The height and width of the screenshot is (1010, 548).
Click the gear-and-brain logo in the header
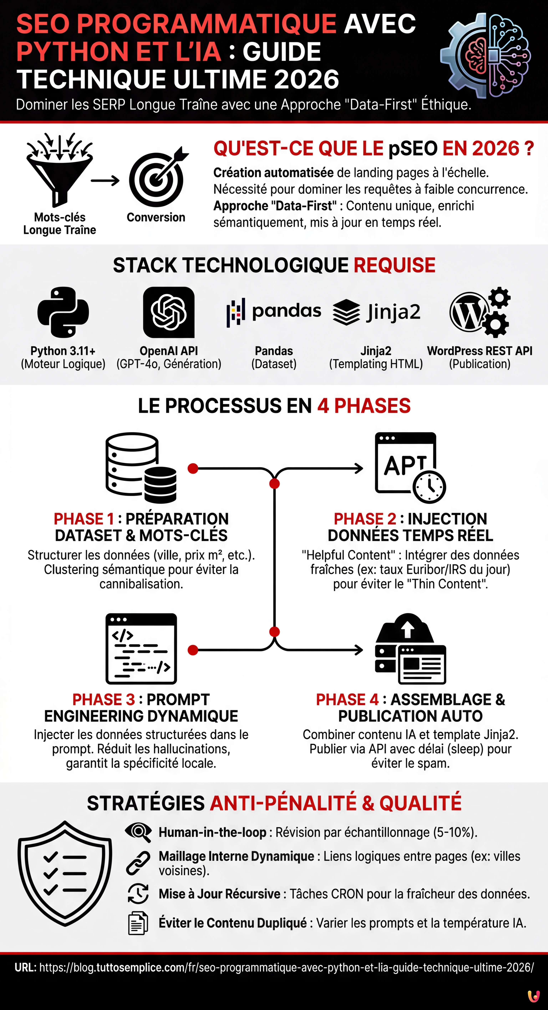pos(486,56)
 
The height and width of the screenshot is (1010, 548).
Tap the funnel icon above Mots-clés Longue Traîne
pos(60,171)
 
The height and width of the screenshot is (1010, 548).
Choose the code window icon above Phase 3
pos(141,648)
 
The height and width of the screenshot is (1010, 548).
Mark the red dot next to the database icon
pos(192,468)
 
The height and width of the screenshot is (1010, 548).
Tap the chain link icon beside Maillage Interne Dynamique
pos(138,863)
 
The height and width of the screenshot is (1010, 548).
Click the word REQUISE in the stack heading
pos(394,265)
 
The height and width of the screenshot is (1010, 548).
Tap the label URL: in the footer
pos(25,967)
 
